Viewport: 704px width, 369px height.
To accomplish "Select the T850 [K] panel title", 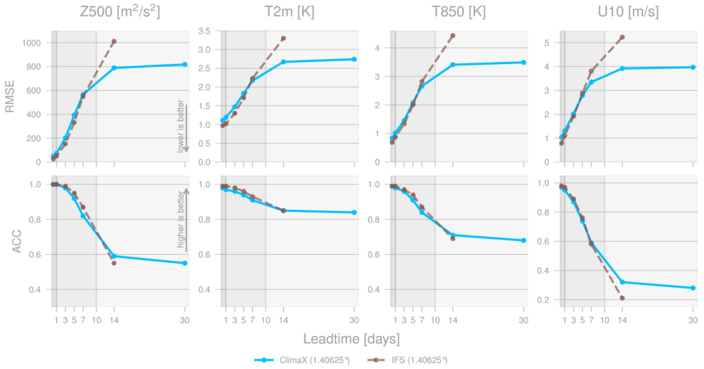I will pos(457,12).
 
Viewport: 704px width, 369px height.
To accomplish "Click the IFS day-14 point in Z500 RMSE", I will pos(114,41).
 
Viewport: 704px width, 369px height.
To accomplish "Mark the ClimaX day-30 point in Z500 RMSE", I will pos(185,65).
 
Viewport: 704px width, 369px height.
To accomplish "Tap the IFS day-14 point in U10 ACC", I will pos(622,298).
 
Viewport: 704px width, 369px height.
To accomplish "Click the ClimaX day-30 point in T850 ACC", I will pos(523,240).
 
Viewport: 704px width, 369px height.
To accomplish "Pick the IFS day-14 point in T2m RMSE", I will pos(283,38).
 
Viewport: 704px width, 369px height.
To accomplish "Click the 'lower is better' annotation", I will pos(181,129).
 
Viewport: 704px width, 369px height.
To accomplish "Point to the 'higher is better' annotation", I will pos(181,222).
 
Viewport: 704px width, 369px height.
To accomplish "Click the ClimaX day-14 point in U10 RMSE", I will pos(622,68).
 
